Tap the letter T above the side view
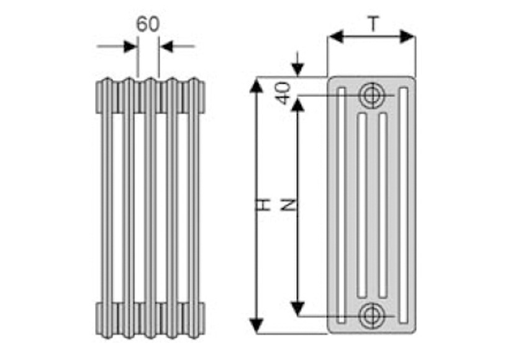click(373, 24)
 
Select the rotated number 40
click(283, 94)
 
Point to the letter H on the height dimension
click(265, 204)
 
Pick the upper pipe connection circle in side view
click(371, 95)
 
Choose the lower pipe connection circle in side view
click(371, 315)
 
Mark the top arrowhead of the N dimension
click(298, 104)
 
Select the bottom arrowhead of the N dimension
click(298, 307)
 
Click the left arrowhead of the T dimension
click(336, 37)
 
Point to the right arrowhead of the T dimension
click(407, 37)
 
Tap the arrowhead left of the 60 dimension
click(130, 46)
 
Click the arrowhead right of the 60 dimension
click(166, 46)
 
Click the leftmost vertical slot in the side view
click(341, 205)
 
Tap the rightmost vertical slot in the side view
click(404, 205)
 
